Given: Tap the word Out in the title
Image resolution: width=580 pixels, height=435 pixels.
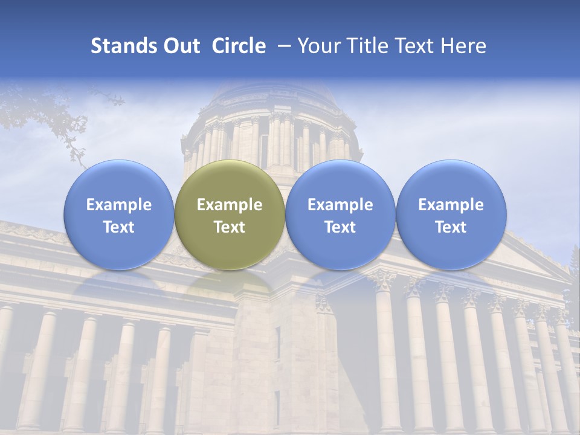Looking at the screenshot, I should [181, 46].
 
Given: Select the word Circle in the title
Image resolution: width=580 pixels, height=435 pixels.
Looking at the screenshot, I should [239, 46].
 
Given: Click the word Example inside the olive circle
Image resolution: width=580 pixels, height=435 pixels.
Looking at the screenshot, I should [230, 205].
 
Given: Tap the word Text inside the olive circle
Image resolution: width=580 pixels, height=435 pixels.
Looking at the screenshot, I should [230, 227].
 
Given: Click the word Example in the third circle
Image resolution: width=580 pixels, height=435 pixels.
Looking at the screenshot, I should [340, 205].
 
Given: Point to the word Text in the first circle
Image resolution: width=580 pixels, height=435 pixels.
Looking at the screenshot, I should [119, 227].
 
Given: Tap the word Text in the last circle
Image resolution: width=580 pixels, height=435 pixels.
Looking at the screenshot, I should [451, 227].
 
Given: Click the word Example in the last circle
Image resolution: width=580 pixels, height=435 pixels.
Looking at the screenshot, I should [451, 205].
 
